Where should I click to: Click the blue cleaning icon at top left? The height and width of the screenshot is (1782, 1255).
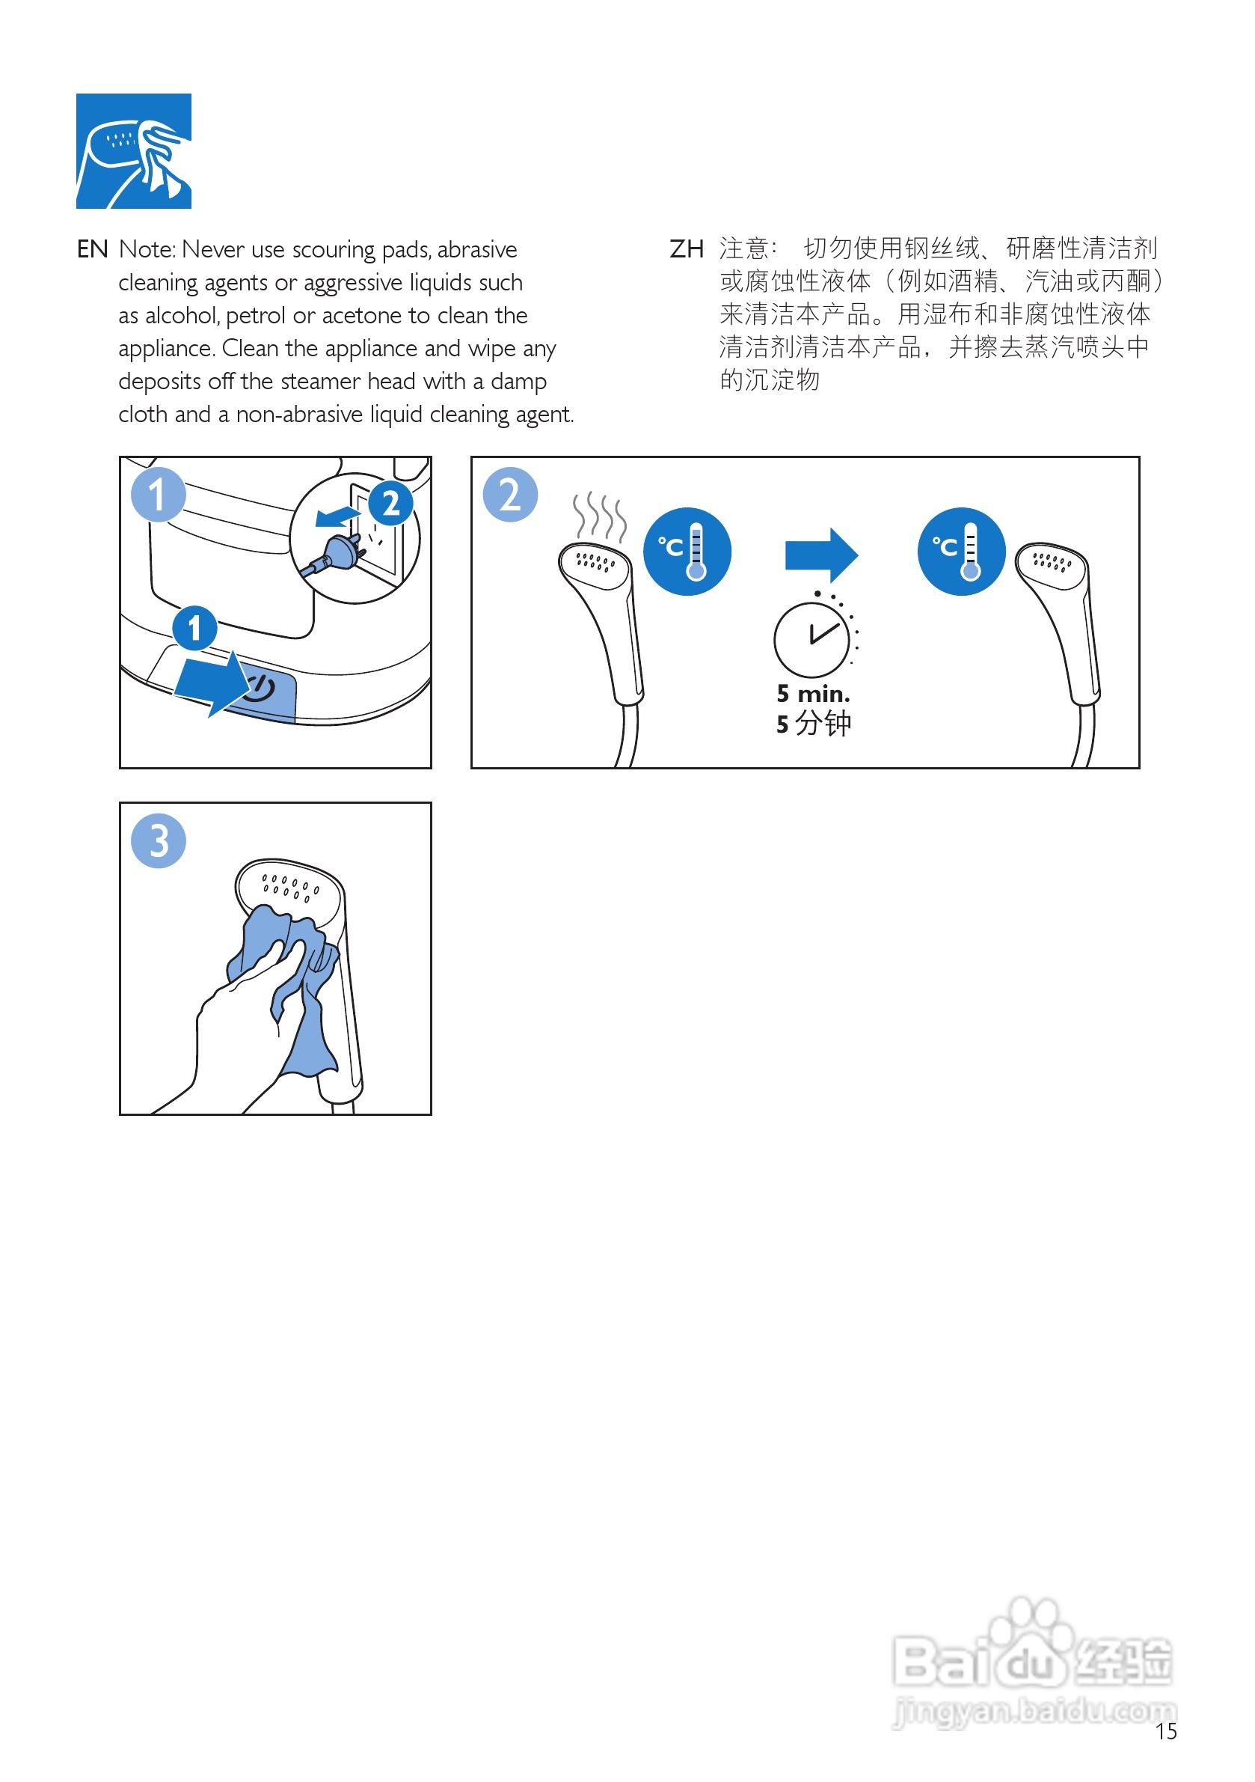(x=133, y=151)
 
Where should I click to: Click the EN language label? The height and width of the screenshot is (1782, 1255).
(x=92, y=250)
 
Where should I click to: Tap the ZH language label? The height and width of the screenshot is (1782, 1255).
(x=686, y=250)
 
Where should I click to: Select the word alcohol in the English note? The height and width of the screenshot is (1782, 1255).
(x=182, y=316)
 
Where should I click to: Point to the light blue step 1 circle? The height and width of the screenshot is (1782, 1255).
(x=159, y=495)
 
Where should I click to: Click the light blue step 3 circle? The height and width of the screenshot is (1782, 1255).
(x=159, y=841)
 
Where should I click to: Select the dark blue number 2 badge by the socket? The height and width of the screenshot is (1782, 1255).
(x=390, y=504)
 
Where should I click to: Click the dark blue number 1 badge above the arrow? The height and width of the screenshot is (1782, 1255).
(x=194, y=628)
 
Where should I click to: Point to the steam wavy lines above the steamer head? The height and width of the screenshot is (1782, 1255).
(x=599, y=516)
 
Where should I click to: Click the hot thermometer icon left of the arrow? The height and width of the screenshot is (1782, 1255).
(x=687, y=552)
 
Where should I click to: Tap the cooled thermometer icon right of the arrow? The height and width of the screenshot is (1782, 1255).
(x=961, y=552)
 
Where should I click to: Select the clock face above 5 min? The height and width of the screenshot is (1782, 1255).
(x=811, y=641)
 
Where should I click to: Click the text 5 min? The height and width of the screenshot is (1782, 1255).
(x=813, y=693)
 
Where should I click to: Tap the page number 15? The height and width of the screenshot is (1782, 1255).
(x=1166, y=1732)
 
